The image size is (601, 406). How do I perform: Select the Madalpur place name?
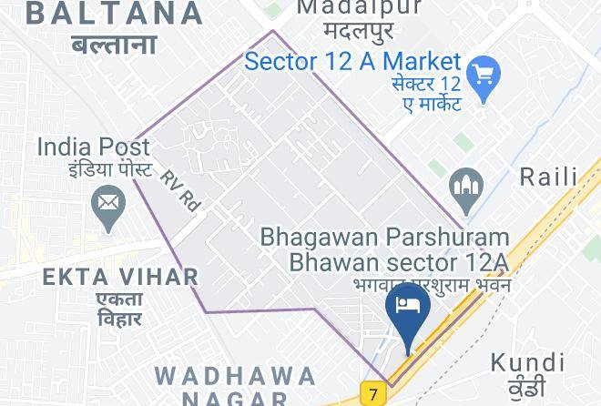pos(361,7)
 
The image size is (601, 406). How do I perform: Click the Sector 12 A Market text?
pos(353,62)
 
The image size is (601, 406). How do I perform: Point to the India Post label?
pos(93,147)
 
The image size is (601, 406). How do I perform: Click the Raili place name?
pos(548,176)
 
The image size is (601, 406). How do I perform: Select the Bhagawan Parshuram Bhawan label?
pos(384,249)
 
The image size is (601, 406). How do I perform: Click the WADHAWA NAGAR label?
pos(235,385)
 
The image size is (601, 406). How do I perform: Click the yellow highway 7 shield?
pos(372,394)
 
